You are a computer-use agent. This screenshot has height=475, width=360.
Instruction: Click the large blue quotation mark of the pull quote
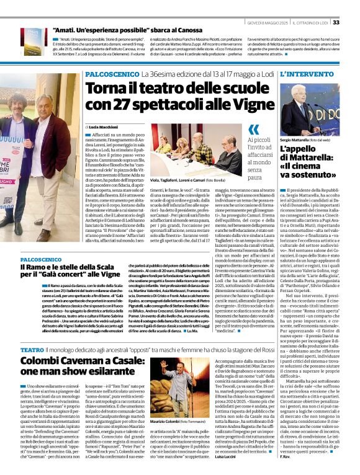pos(253,130)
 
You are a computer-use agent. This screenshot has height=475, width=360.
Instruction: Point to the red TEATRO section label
pos(32,350)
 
